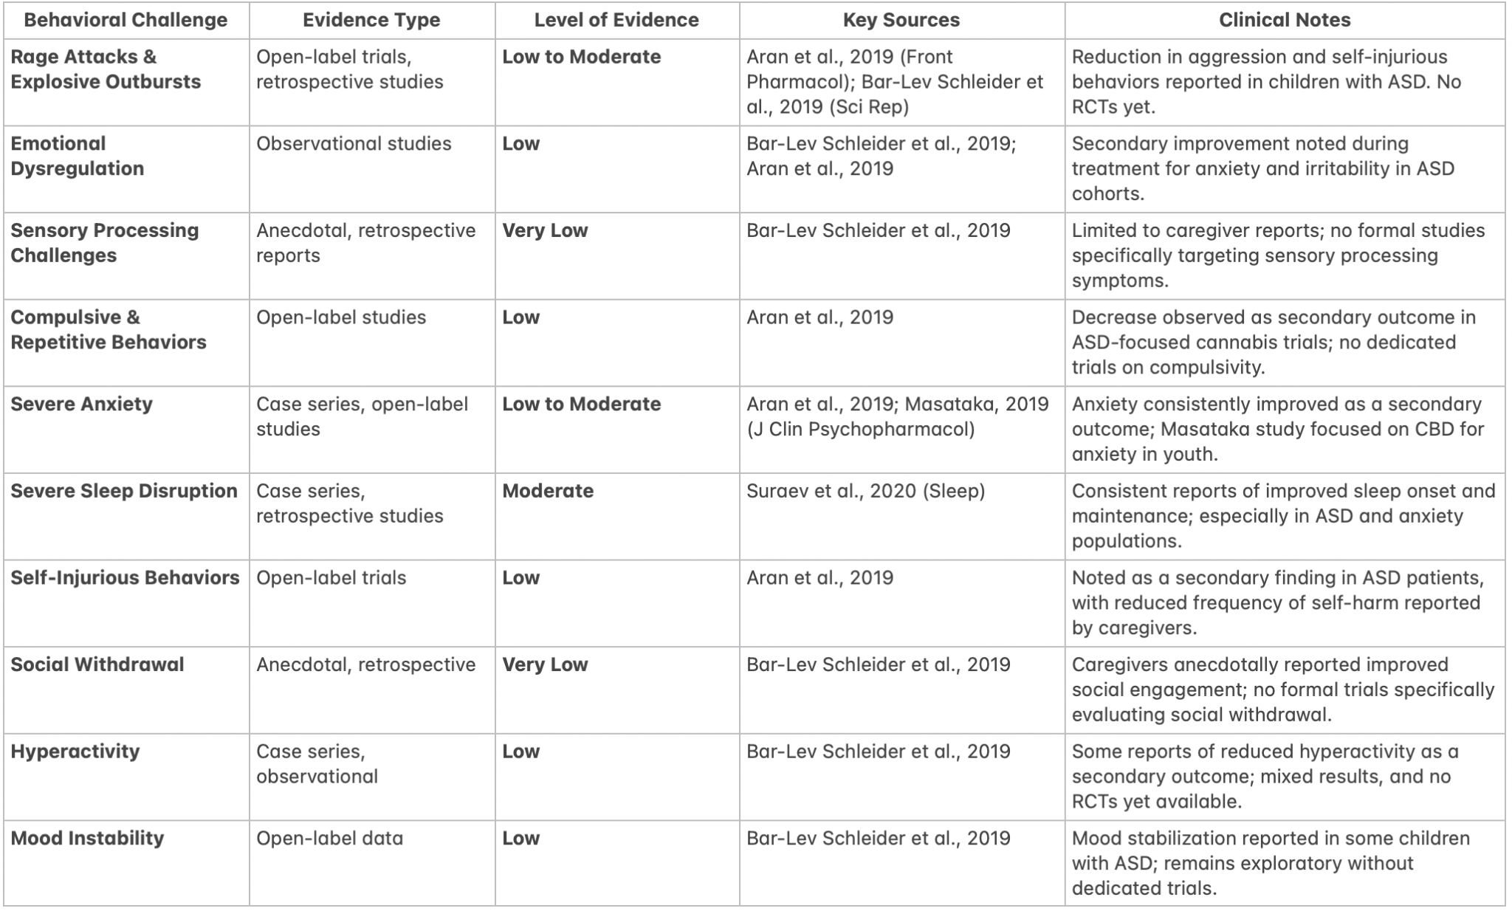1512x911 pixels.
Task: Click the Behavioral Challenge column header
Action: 126,20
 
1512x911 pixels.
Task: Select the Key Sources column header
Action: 901,20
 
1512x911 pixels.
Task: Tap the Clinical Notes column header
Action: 1284,20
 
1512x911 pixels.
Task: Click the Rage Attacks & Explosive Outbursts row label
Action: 106,69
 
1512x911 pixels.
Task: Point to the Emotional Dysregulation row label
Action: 78,156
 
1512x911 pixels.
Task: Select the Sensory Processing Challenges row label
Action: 104,243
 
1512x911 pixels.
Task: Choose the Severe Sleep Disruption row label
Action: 124,491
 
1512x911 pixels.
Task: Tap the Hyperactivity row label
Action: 75,752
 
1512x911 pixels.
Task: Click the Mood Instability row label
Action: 87,838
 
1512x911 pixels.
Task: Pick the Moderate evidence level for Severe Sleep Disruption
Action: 548,491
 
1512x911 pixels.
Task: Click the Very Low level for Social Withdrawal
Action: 545,664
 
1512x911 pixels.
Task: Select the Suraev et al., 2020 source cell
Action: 865,491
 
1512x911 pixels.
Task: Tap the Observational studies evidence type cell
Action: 354,143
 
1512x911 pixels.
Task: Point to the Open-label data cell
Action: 329,838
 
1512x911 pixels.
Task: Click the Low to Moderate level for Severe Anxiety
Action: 581,404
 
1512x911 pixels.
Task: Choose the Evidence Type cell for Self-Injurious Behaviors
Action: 331,577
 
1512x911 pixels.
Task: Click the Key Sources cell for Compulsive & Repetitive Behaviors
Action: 819,317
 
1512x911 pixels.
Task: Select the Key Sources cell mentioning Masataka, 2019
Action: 897,416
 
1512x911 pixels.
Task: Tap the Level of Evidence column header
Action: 616,20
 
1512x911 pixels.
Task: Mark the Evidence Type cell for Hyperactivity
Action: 317,763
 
